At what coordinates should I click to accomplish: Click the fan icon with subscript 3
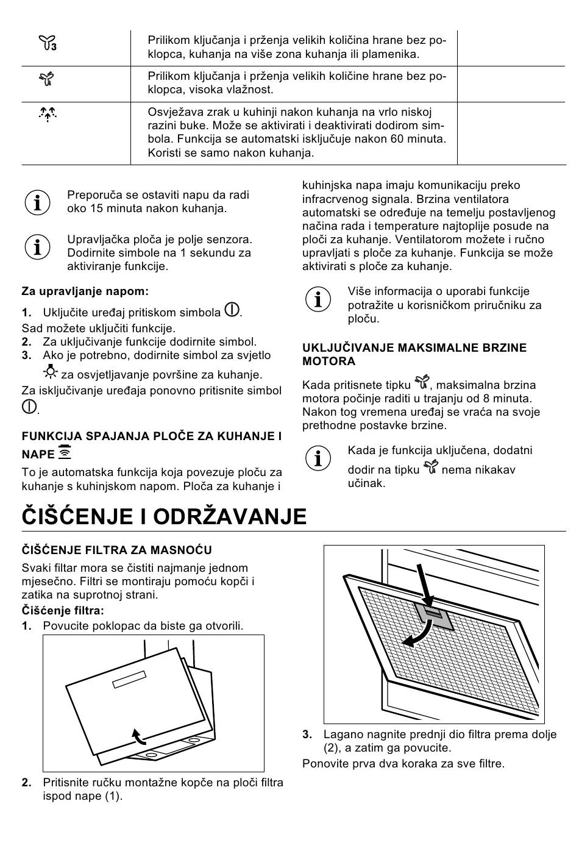point(48,43)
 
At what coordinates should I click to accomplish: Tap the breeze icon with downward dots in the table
point(48,113)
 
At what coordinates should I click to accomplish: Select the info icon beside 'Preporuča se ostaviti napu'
point(37,202)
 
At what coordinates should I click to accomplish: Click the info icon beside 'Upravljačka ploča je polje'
point(37,247)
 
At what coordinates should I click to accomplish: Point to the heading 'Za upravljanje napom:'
point(85,291)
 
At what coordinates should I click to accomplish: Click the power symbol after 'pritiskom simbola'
point(232,310)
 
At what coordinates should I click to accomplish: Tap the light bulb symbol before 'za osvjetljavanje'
point(50,371)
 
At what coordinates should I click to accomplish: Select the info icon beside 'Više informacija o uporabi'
point(318,299)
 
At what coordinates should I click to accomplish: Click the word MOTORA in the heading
point(329,361)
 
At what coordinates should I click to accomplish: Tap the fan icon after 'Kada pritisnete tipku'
point(422,383)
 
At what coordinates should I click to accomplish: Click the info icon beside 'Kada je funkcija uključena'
point(318,458)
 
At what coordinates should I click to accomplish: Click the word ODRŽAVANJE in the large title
point(230,516)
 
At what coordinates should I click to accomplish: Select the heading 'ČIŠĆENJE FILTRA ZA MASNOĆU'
point(117,550)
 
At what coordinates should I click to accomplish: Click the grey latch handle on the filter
point(433,616)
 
